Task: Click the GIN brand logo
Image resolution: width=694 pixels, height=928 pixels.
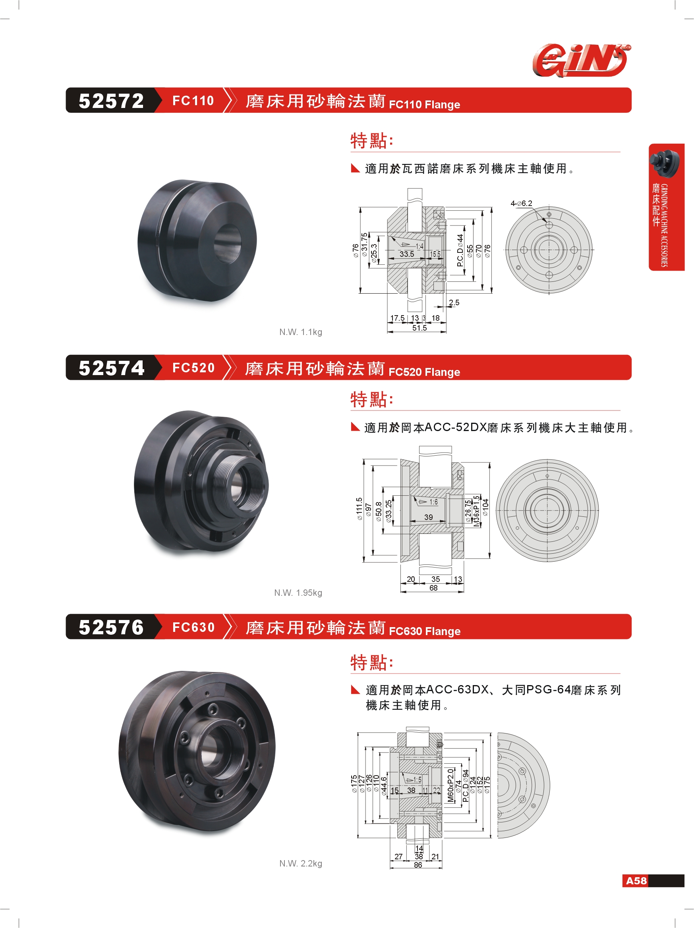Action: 582,60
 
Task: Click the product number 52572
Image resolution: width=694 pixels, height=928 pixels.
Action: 111,101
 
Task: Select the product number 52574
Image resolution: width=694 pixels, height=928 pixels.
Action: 111,368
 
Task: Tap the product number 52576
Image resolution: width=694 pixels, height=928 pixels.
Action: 111,627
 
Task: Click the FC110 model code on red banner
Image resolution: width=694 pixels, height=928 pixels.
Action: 193,101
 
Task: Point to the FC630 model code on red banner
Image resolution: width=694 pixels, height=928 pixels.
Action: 193,627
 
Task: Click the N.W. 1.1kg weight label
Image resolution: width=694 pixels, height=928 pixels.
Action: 301,332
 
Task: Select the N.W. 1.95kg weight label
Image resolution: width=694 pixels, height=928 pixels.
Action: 298,592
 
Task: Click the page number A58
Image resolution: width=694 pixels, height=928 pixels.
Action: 636,881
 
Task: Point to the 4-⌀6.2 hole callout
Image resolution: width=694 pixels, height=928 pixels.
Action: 521,204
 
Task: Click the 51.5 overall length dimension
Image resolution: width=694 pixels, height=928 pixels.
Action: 419,327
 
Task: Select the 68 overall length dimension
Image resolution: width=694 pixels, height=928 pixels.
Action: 433,588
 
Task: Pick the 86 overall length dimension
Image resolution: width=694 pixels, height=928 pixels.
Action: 418,864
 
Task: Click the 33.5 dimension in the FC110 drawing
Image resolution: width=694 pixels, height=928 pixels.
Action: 406,254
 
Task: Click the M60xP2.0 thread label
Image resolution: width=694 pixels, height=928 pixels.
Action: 450,785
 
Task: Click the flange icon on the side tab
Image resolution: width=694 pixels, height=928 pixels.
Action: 664,164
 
